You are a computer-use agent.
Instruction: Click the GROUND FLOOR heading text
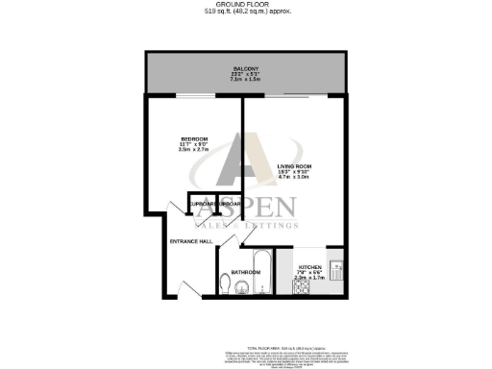click(x=246, y=4)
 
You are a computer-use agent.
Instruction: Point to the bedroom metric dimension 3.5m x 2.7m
click(x=194, y=150)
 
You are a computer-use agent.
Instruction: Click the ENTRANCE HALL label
click(x=191, y=241)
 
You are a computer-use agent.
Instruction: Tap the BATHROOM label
click(x=247, y=273)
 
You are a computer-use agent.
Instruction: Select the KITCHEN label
click(x=309, y=266)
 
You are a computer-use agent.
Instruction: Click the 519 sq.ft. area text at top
click(x=246, y=12)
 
